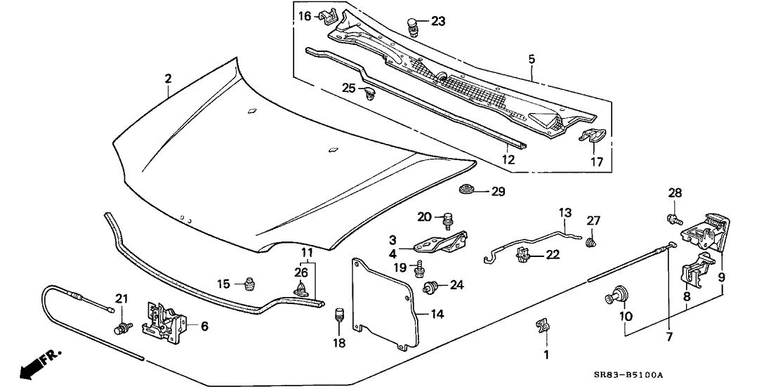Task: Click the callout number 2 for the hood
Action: pyautogui.click(x=168, y=78)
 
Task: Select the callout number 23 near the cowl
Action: pyautogui.click(x=437, y=21)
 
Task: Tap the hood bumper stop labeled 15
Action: pyautogui.click(x=249, y=284)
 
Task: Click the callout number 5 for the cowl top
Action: pyautogui.click(x=532, y=60)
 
